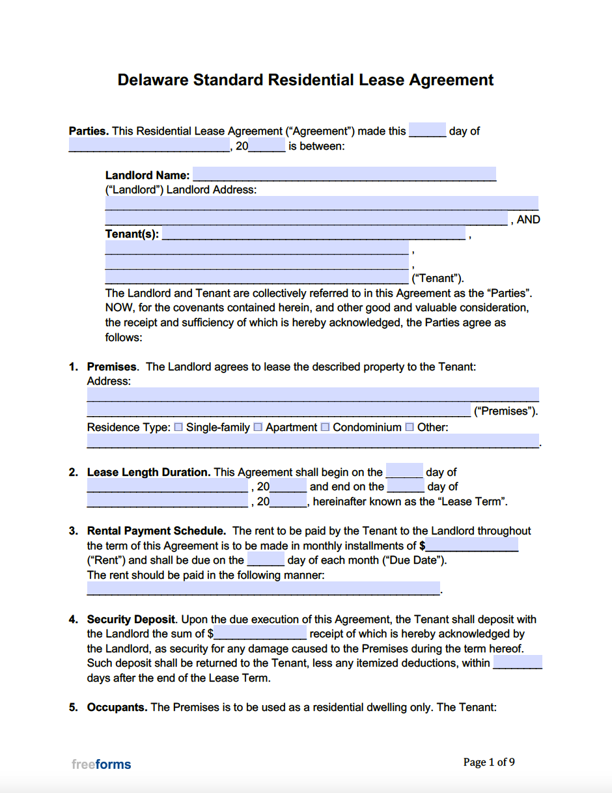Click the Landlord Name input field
(x=344, y=174)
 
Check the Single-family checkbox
(x=178, y=428)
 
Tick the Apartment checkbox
(x=258, y=428)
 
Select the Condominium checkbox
(x=325, y=428)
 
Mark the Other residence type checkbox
(x=410, y=428)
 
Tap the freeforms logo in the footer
(x=101, y=764)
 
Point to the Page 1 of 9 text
(x=489, y=762)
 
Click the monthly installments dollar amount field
(x=472, y=546)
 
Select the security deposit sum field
(x=260, y=633)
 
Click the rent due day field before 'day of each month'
(x=266, y=560)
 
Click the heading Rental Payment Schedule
(x=156, y=531)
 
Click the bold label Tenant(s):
(x=132, y=234)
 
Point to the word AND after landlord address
(x=528, y=220)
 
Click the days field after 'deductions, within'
(x=518, y=663)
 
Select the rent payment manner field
(x=263, y=589)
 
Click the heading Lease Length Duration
(x=148, y=473)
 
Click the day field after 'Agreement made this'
(x=427, y=130)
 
